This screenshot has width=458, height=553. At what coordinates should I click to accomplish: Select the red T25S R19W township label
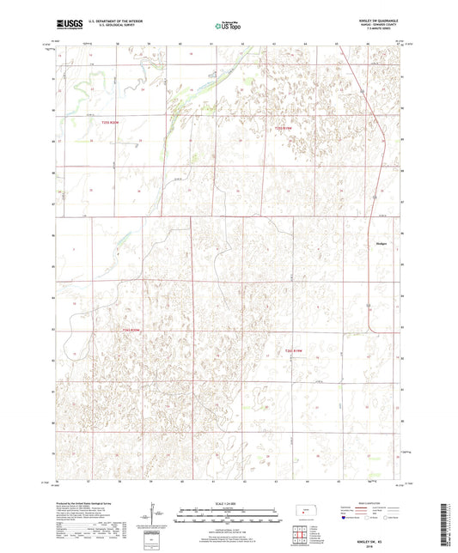point(284,129)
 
